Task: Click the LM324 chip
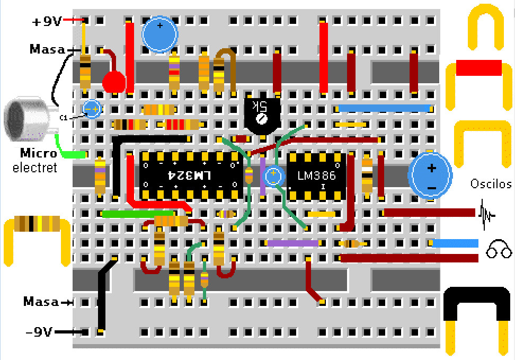click(191, 175)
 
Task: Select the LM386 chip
click(316, 175)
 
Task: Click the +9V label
click(47, 21)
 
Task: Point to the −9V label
click(39, 332)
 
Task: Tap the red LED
click(113, 82)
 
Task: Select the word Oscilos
click(491, 184)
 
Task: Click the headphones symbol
click(499, 249)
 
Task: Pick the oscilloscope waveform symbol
click(487, 213)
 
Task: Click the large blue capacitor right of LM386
click(430, 175)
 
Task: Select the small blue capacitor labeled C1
click(92, 109)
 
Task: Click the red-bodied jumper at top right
click(478, 68)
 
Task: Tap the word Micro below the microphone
click(38, 154)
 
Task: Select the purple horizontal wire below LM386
click(292, 243)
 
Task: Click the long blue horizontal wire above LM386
click(383, 108)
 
